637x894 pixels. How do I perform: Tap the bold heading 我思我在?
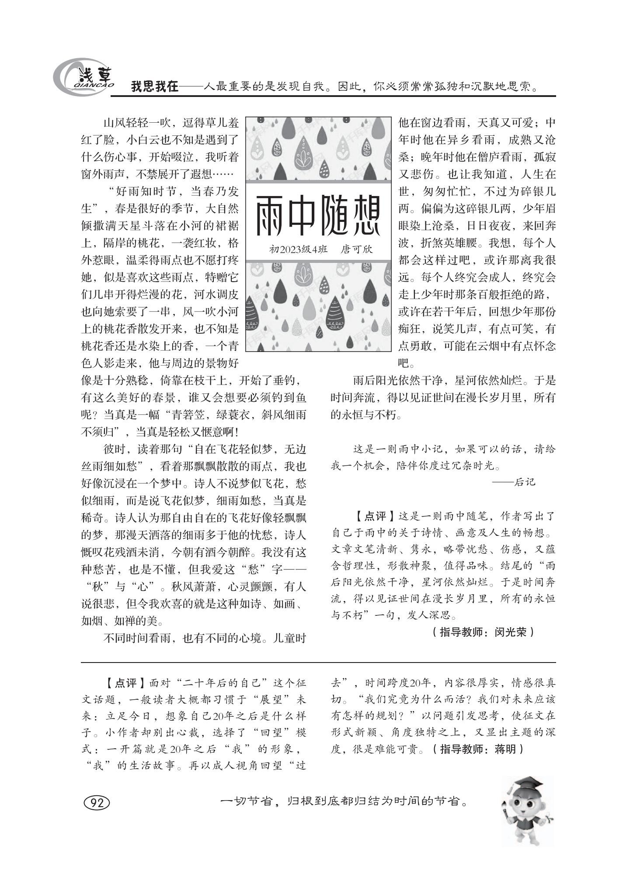[x=155, y=86]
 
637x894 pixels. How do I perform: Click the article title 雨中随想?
[x=318, y=216]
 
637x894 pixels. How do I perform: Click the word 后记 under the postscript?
[x=525, y=482]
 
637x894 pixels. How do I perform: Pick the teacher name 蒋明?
[x=506, y=749]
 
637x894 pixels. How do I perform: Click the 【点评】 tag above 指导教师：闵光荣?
[x=370, y=516]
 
